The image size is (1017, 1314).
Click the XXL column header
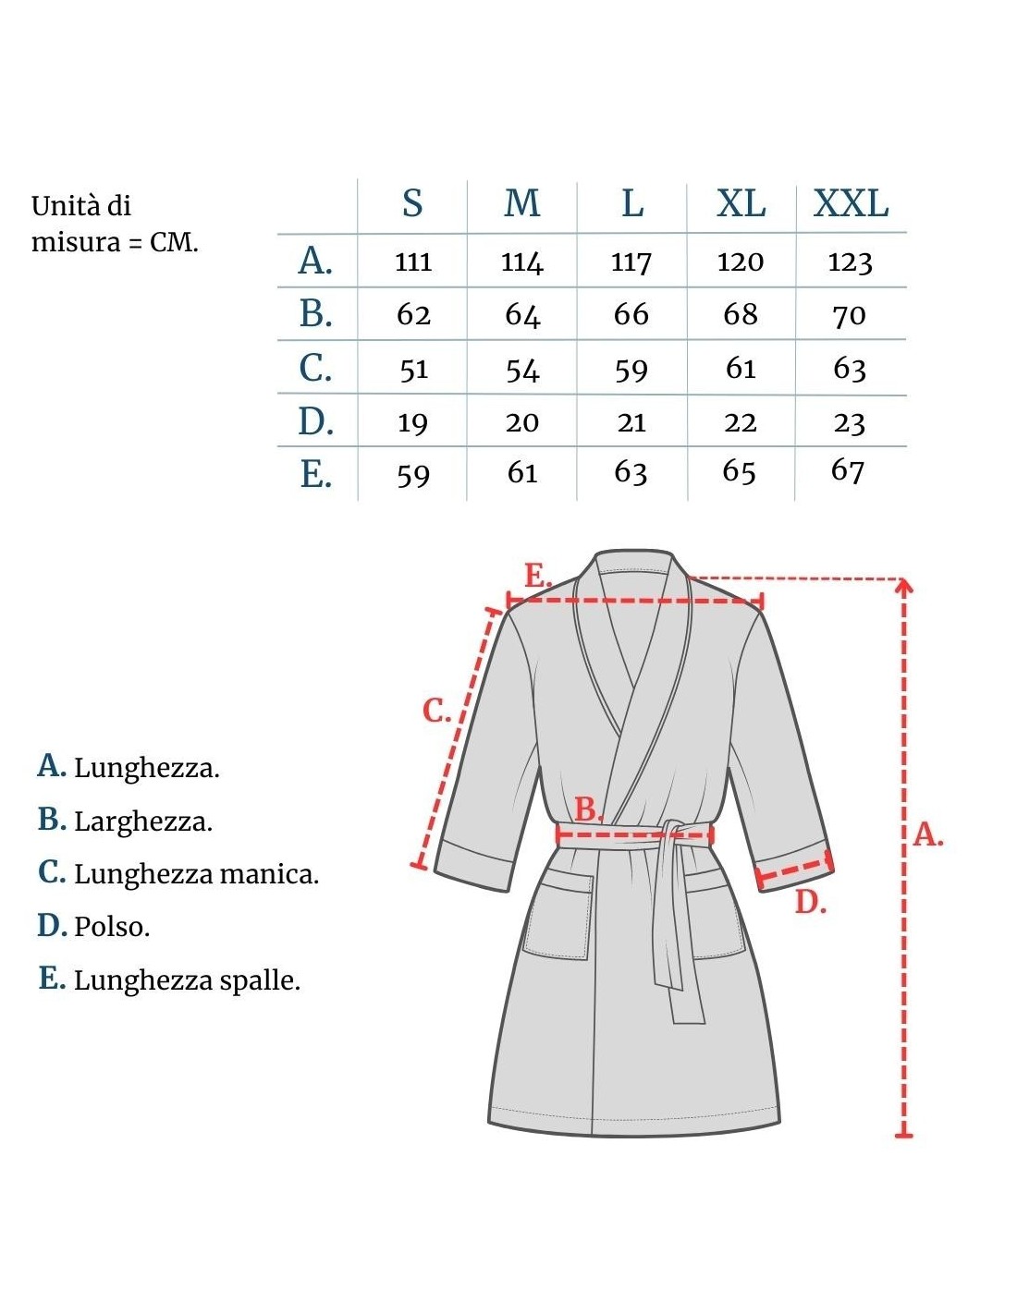coord(851,203)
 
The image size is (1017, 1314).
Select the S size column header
coord(412,203)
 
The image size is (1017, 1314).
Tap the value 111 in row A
coord(413,262)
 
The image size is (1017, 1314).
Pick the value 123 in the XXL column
coord(850,262)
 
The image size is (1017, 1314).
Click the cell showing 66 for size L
coord(631,315)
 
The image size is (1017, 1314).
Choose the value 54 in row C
coord(522,370)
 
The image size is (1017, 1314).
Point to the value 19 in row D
coord(412,423)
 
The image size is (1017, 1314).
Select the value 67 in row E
coord(848,470)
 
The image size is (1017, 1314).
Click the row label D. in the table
coord(315,421)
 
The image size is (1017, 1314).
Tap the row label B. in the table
coord(315,314)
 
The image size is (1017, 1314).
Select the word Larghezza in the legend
coord(142,821)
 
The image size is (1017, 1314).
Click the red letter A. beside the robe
coord(928,834)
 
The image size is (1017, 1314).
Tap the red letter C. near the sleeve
coord(436,711)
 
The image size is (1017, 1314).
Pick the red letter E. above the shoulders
coord(537,575)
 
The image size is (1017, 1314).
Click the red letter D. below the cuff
coord(810,902)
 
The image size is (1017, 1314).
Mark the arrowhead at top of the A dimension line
coord(904,584)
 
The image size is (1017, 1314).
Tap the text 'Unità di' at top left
coord(81,205)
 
